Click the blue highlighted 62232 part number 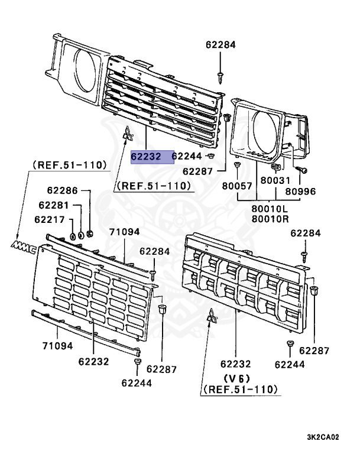[x=152, y=157]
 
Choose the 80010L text [x=269, y=209]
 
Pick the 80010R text [x=269, y=219]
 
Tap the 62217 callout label [x=48, y=219]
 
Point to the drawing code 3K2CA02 [x=323, y=438]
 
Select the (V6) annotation [x=236, y=378]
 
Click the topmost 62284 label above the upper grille [x=220, y=44]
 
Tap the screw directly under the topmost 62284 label [x=220, y=74]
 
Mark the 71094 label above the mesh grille [x=124, y=232]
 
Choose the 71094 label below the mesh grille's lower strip [x=57, y=345]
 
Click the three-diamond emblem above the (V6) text [x=212, y=319]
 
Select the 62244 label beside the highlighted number [x=187, y=157]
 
